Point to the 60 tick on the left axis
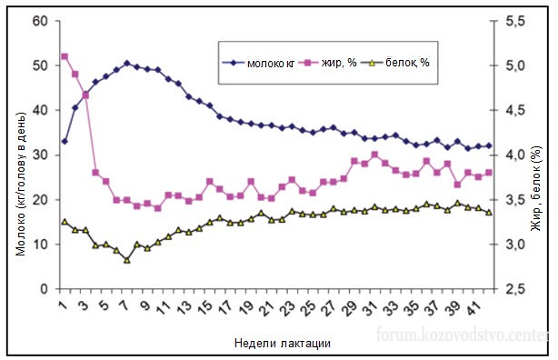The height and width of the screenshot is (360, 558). (x=39, y=21)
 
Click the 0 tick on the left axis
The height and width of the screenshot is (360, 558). (x=43, y=289)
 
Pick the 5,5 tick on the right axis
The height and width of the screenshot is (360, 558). (x=514, y=21)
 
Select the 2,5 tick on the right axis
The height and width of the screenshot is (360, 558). (x=514, y=289)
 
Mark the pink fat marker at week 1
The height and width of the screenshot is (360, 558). (x=64, y=56)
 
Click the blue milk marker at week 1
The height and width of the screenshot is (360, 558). (x=64, y=141)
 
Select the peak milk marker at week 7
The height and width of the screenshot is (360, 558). (x=127, y=63)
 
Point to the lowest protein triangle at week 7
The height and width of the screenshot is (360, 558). (x=127, y=260)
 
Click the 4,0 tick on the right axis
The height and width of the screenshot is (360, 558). (x=514, y=155)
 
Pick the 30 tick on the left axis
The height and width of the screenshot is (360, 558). (x=39, y=155)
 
